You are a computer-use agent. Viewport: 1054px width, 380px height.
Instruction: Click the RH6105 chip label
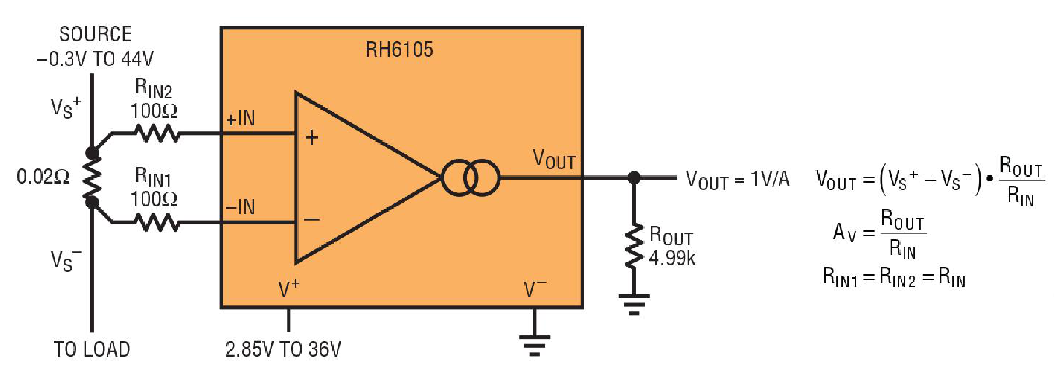tap(399, 50)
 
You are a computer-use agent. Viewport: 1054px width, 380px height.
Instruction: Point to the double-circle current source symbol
tap(471, 177)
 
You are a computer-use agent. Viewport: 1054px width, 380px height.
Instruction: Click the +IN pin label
tap(240, 118)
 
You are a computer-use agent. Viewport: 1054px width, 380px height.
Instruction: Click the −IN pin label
tap(240, 207)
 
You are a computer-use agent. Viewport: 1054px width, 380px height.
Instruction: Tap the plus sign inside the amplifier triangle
tap(312, 138)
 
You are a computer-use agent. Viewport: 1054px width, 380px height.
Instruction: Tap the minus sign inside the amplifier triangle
tap(312, 220)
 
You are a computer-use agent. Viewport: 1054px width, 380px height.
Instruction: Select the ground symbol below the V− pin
tap(534, 344)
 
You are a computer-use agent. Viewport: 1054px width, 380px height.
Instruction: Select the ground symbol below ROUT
tap(634, 304)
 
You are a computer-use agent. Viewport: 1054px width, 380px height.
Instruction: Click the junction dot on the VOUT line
tap(634, 177)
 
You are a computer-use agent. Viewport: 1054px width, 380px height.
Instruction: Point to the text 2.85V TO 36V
tap(283, 349)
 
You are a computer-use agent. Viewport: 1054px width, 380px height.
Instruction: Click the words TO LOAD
tap(92, 349)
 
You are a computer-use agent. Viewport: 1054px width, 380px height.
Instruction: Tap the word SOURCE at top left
tap(95, 34)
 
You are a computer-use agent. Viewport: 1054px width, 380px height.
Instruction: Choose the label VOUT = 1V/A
tap(737, 180)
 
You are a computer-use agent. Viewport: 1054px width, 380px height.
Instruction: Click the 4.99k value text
tap(672, 258)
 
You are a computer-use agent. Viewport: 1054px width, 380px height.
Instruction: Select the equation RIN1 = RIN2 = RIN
tap(894, 277)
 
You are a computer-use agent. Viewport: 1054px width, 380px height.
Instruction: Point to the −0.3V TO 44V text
tap(95, 59)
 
